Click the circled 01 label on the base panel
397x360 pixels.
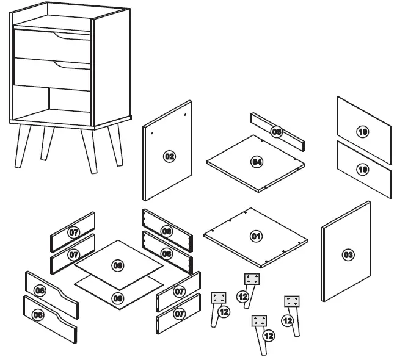coord(256,236)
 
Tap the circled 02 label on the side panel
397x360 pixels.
coord(169,157)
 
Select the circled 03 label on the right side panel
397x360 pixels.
coord(348,254)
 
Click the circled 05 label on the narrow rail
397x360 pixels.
coord(276,132)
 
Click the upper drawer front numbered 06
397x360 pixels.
coord(40,291)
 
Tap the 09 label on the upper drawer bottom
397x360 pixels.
coord(118,265)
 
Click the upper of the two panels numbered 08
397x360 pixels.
coord(167,231)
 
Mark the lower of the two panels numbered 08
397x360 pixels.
coord(167,253)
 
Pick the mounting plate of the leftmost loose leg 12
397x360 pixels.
coord(219,298)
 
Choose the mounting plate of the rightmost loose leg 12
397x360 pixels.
coord(293,301)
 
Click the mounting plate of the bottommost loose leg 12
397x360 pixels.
coord(260,322)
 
